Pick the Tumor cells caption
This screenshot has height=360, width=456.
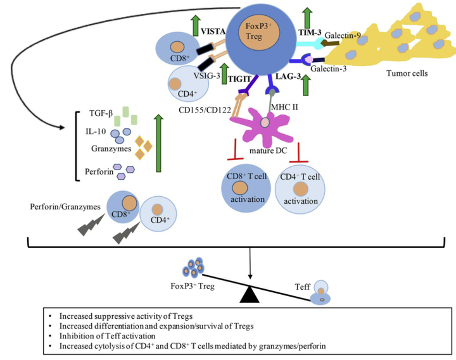(407, 73)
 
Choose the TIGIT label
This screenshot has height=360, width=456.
(248, 77)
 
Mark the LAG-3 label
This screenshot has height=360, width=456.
(288, 77)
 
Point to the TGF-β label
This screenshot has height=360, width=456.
(102, 115)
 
